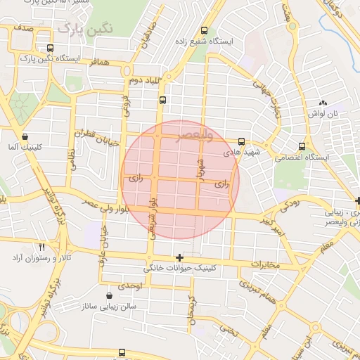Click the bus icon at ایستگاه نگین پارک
click(49, 48)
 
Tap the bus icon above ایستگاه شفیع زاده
click(204, 30)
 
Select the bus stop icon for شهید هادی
click(242, 141)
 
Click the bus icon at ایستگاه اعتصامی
click(302, 146)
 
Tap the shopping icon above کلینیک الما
click(25, 136)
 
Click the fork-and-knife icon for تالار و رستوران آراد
click(41, 247)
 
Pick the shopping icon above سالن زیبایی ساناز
click(108, 297)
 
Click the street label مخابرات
click(265, 265)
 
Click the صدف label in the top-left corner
click(22, 28)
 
